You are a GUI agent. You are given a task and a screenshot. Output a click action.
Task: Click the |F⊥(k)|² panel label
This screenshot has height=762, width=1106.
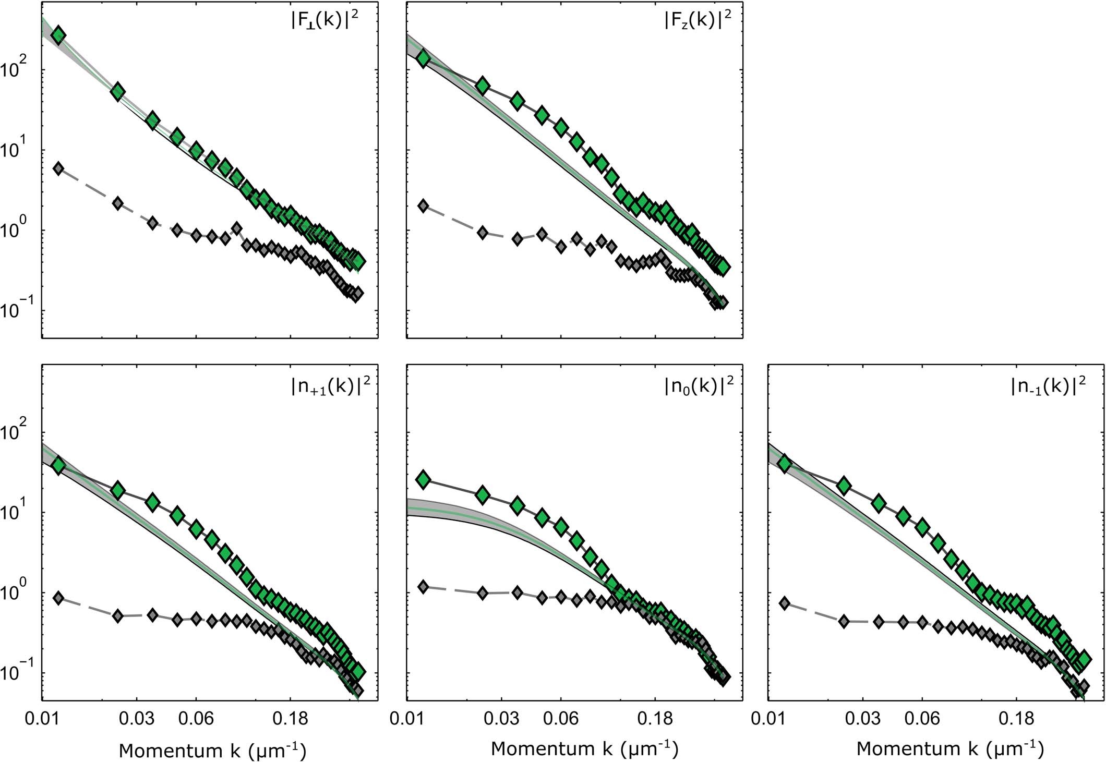tap(328, 23)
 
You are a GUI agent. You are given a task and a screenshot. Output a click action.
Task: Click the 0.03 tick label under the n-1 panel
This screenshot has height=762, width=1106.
tap(863, 719)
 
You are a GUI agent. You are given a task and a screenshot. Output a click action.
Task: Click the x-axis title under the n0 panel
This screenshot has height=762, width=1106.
tap(584, 749)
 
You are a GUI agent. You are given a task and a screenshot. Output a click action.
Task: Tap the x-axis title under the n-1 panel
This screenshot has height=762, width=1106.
tap(949, 749)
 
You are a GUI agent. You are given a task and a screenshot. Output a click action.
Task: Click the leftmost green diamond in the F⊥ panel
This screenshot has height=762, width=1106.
tap(58, 35)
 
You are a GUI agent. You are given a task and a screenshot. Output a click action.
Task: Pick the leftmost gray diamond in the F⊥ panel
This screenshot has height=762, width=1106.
tap(58, 168)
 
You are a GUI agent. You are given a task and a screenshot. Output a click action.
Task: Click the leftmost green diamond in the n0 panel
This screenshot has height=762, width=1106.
tap(424, 479)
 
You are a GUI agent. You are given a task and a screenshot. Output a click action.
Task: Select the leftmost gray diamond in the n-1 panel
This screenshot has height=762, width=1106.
tap(784, 603)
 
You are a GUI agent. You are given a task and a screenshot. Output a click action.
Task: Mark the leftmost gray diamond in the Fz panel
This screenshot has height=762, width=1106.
tap(424, 205)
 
